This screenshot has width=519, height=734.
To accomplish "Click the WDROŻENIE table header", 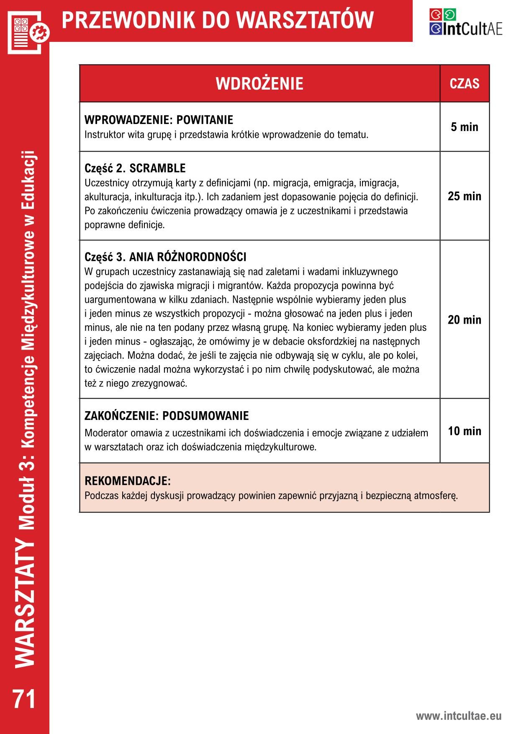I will click(259, 83).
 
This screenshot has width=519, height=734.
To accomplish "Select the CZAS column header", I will click(464, 83).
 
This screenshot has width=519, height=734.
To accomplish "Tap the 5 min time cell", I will click(464, 127).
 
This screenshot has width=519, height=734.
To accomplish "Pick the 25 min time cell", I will click(464, 196).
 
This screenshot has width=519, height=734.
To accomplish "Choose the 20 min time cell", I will click(464, 320).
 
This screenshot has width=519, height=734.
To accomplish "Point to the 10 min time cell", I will click(464, 431).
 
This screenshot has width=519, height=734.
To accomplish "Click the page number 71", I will click(25, 699).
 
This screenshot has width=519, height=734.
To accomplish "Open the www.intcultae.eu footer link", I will click(458, 716).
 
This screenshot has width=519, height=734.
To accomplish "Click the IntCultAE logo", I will click(465, 22).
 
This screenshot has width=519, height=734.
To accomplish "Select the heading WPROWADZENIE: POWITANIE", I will click(159, 120).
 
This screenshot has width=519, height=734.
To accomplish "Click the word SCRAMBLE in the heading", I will click(157, 168).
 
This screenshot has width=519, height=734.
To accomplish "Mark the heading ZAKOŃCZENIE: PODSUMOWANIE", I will click(167, 416).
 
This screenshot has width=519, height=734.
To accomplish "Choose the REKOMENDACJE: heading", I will click(128, 480).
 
